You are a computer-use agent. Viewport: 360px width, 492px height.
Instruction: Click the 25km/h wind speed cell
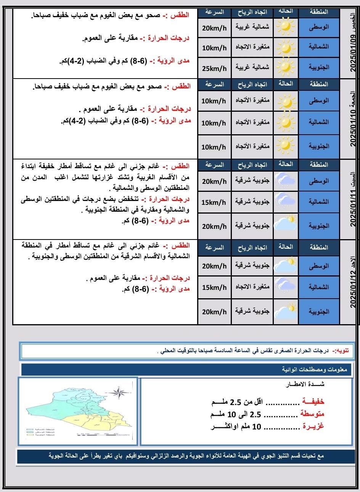coord(214,69)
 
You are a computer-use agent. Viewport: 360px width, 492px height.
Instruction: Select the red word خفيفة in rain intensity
coord(313,401)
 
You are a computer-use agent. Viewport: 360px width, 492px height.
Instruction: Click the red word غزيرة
coord(313,426)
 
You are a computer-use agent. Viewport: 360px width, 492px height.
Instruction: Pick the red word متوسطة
coord(312,414)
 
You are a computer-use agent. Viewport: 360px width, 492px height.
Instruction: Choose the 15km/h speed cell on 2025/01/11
coord(214,202)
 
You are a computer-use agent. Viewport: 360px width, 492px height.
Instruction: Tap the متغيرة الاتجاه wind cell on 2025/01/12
coord(252,287)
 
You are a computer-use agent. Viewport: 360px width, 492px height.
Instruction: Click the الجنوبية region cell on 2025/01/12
coord(319,312)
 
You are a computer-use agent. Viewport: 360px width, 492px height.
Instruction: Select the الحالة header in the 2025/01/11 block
coord(286,164)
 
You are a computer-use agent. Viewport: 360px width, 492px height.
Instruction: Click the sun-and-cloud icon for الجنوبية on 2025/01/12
coord(286,311)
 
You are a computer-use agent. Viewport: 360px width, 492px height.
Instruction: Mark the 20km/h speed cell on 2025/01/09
coord(214,28)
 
